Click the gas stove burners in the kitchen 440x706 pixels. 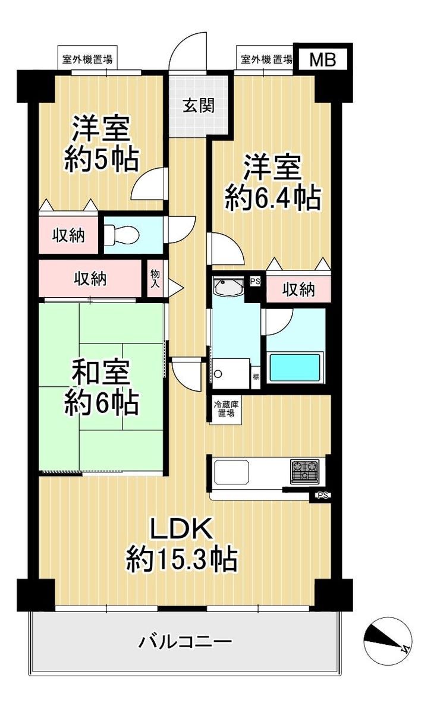pos(304,471)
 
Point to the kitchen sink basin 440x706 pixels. pos(231,472)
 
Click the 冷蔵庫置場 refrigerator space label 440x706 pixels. pos(226,408)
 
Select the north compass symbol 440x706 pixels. pos(387,641)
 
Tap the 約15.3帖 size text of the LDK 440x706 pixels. pos(181,558)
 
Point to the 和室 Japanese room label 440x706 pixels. pos(101,373)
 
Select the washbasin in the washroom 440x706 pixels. pos(229,287)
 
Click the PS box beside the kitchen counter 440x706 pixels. pos(322,495)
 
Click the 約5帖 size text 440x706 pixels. pos(101,159)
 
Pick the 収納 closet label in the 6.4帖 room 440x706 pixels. pos(298,290)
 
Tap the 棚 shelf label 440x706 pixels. pos(255,376)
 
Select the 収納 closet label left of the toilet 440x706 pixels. pos(68,235)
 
